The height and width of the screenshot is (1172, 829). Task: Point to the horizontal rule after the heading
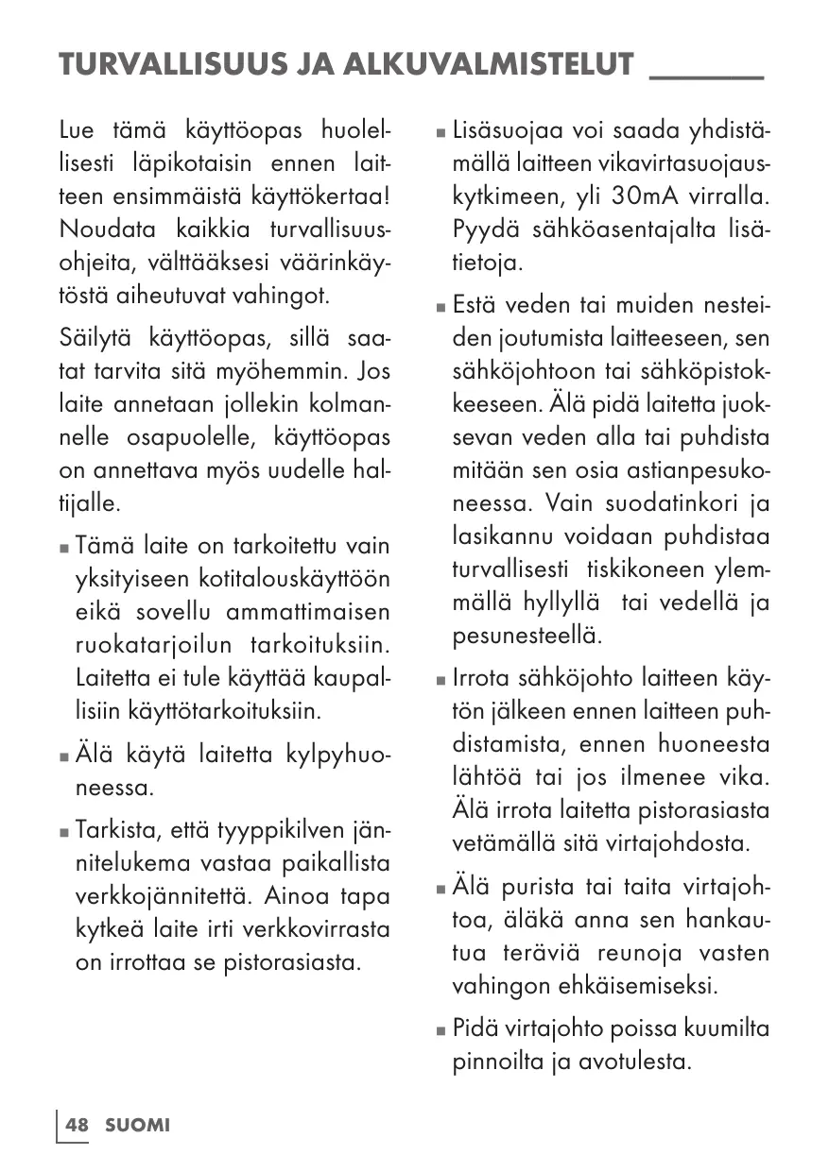point(707,76)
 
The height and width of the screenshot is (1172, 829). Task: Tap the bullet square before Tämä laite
point(63,548)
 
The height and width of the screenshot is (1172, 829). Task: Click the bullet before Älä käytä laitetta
point(63,756)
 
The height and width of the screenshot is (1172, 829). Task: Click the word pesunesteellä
point(527,636)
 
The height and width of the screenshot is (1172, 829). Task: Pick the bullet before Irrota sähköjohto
point(440,681)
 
